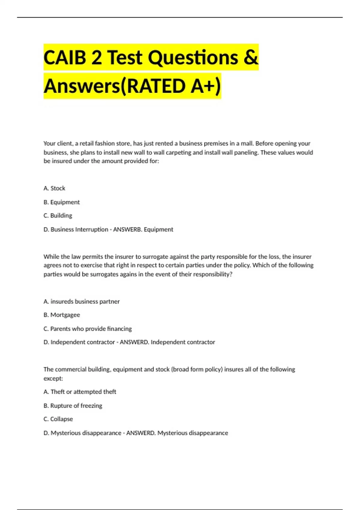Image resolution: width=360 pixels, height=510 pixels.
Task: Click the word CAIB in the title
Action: (65, 57)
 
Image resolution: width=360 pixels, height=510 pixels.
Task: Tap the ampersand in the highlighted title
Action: (250, 57)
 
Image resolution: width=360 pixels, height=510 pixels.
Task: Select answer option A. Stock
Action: (54, 188)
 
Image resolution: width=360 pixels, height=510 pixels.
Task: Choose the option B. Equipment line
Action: (61, 202)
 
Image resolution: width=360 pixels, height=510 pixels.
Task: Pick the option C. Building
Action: (58, 216)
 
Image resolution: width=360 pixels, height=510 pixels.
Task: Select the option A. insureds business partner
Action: (82, 301)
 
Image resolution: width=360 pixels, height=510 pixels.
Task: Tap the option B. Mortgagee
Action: (62, 315)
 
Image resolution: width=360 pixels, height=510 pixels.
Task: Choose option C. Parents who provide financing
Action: (88, 329)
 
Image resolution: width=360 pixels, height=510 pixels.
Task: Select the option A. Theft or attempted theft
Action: (80, 392)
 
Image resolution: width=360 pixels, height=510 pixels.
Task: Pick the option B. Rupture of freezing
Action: (73, 406)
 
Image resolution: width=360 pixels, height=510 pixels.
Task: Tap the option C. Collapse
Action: (58, 419)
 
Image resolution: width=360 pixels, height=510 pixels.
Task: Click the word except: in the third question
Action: (53, 378)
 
